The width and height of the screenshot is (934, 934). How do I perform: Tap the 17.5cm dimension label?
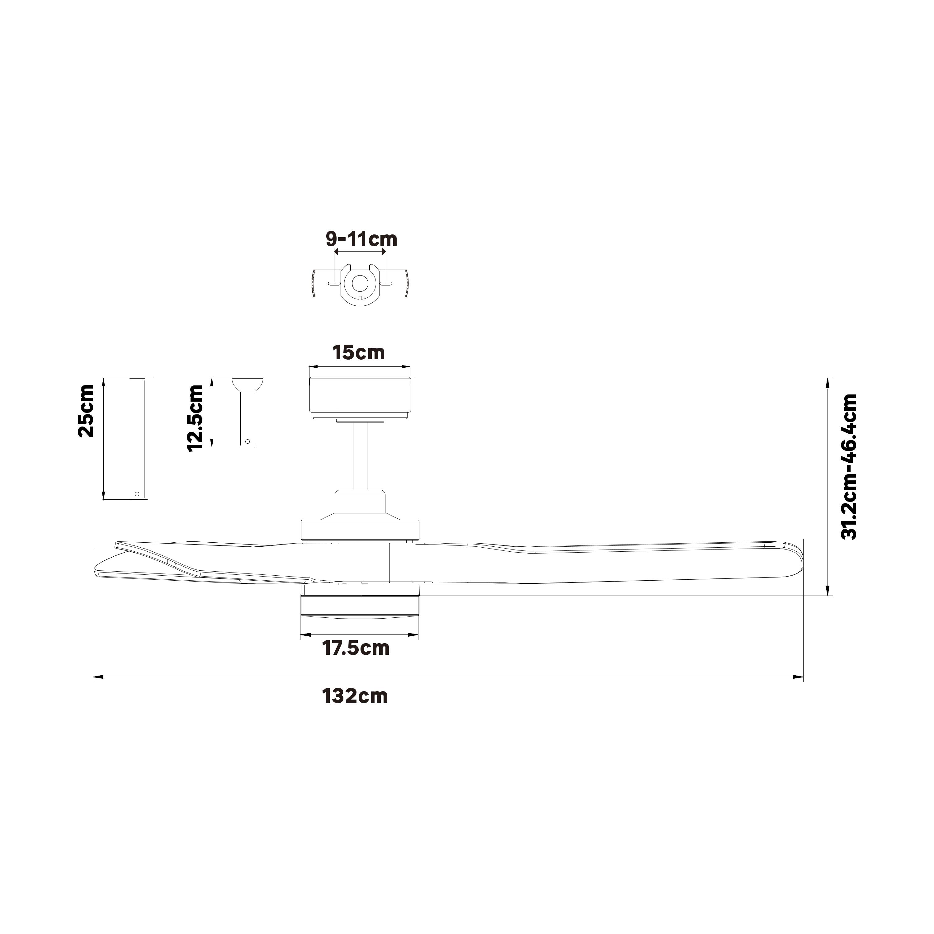pyautogui.click(x=356, y=648)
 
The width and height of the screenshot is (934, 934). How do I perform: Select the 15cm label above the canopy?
pyautogui.click(x=359, y=353)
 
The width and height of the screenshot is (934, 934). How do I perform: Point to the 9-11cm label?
pyautogui.click(x=361, y=239)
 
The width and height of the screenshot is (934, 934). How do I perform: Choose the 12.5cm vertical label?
pyautogui.click(x=195, y=418)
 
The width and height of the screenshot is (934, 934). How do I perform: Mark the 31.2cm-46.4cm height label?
pyautogui.click(x=849, y=466)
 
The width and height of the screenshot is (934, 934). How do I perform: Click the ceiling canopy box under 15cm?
pyautogui.click(x=360, y=395)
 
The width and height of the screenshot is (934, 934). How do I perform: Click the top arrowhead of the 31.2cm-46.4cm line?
pyautogui.click(x=828, y=382)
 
